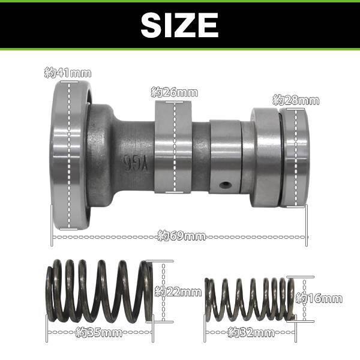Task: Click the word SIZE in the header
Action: [x=179, y=25]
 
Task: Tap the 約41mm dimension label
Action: [x=68, y=73]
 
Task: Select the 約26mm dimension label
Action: [x=175, y=92]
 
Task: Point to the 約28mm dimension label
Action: [x=296, y=100]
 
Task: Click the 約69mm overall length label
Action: [x=182, y=236]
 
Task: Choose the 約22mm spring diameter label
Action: [x=178, y=292]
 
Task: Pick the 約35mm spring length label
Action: [x=99, y=332]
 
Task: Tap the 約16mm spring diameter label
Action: [x=319, y=298]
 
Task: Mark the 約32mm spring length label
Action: [x=251, y=332]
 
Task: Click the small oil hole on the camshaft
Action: [x=224, y=184]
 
